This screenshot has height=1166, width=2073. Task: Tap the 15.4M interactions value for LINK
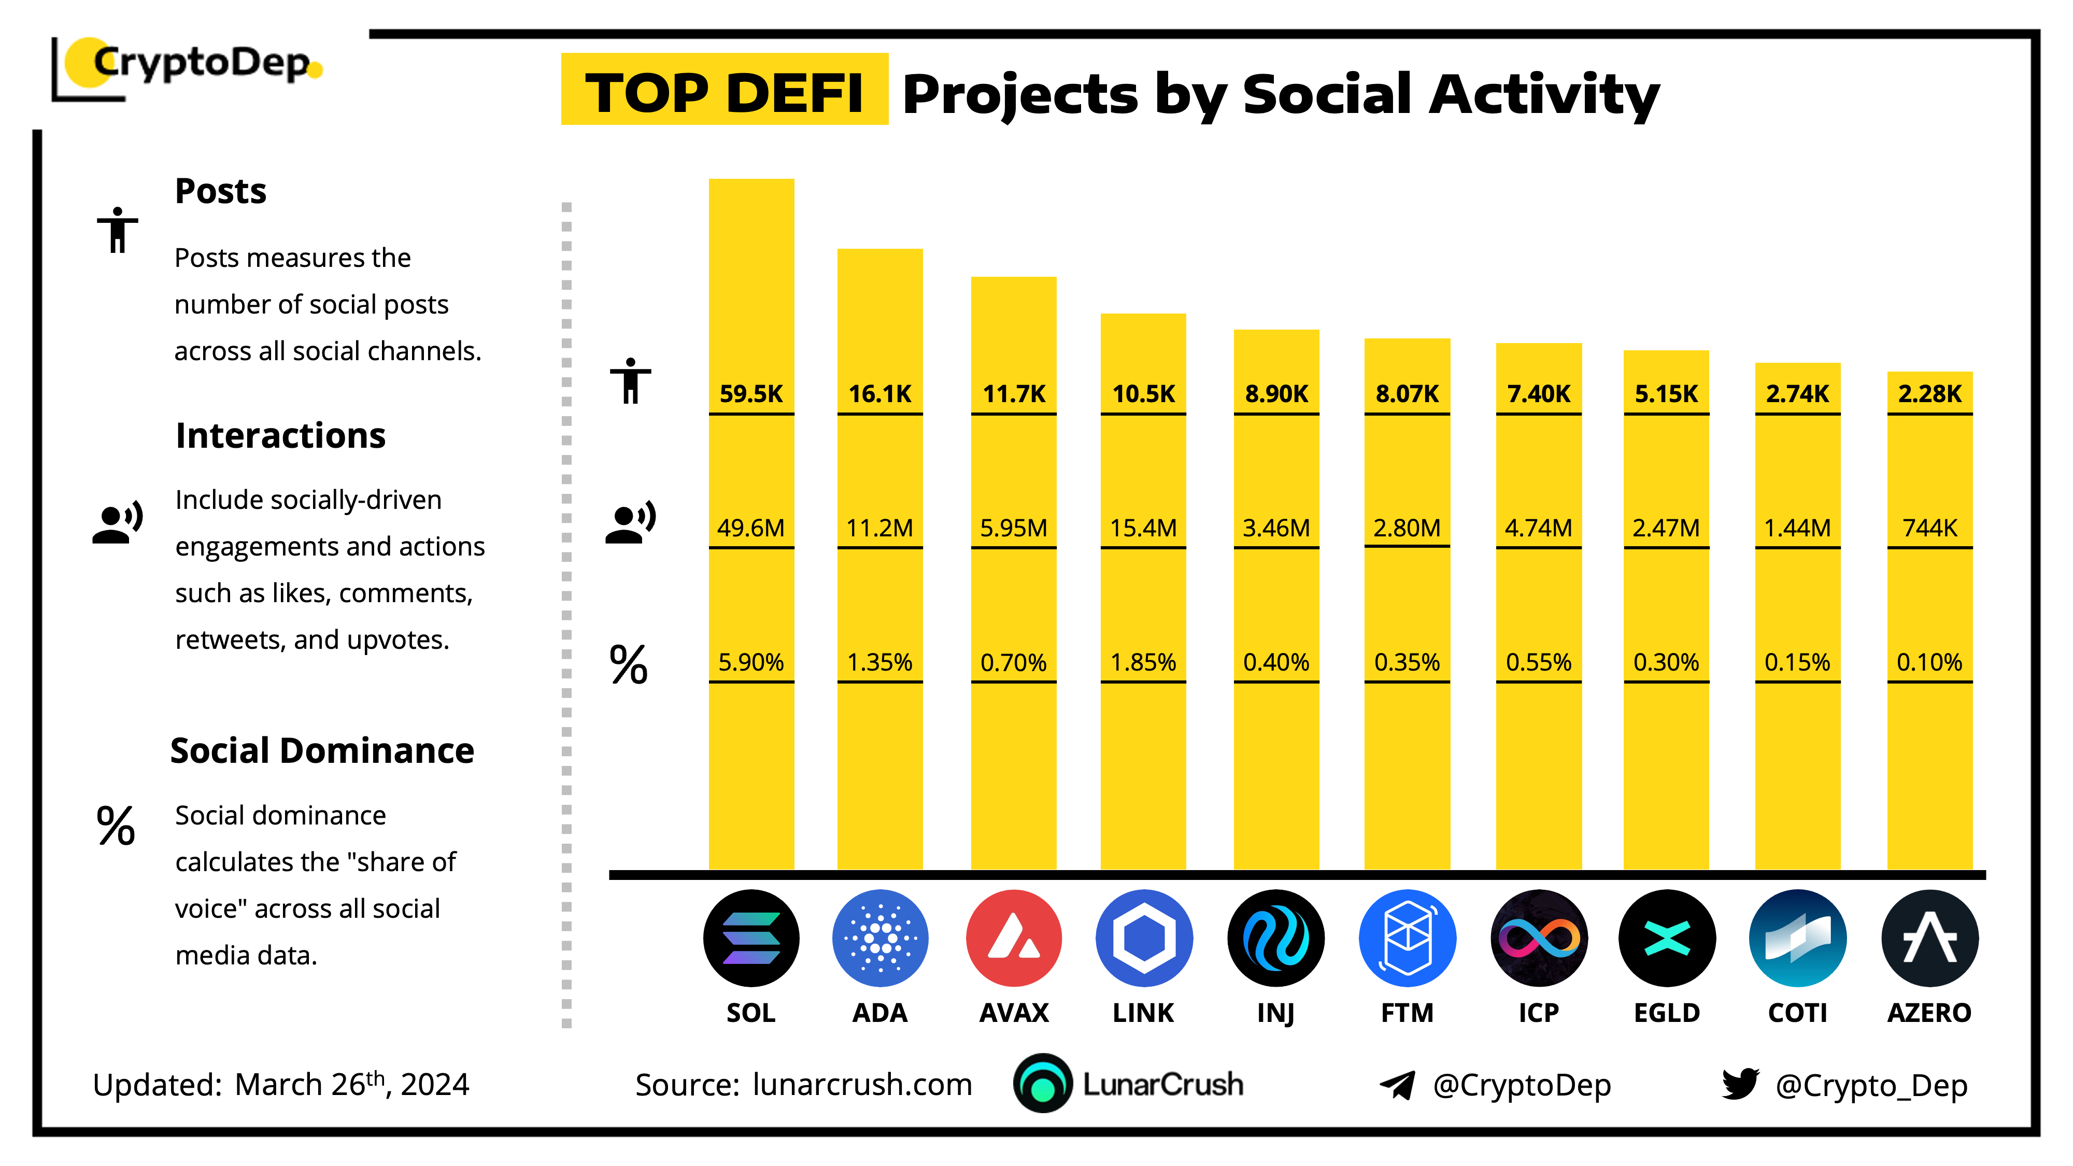[1143, 528]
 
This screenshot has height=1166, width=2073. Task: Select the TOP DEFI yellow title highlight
[725, 90]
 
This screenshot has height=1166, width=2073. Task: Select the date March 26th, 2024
[352, 1084]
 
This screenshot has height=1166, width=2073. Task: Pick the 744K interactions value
[1929, 528]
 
